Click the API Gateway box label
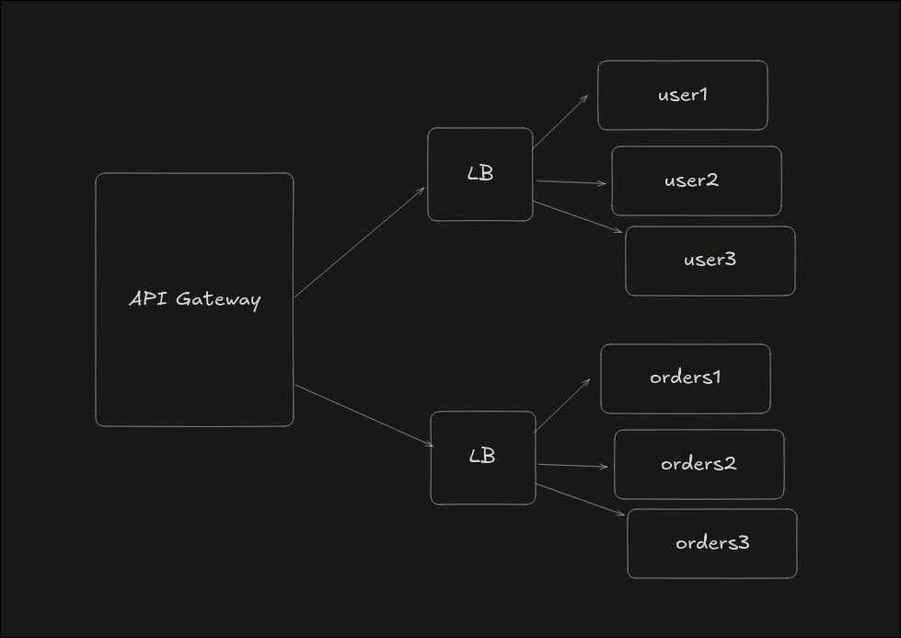[x=195, y=299]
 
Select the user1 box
[x=682, y=95]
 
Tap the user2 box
[x=696, y=180]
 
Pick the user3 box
[x=710, y=261]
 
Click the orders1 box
[x=685, y=378]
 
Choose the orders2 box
[x=699, y=464]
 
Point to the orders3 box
[x=711, y=543]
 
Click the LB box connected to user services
[x=480, y=174]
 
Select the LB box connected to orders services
[x=482, y=458]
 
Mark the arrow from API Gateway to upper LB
[x=359, y=243]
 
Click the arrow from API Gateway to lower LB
[x=364, y=416]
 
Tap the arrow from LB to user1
[x=560, y=122]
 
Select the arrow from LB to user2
[x=571, y=182]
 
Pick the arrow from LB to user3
[x=578, y=216]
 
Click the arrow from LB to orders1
[x=561, y=405]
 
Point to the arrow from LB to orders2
[x=572, y=466]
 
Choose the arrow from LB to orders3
[x=580, y=500]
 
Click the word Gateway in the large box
[x=218, y=299]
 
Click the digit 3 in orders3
[x=744, y=543]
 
